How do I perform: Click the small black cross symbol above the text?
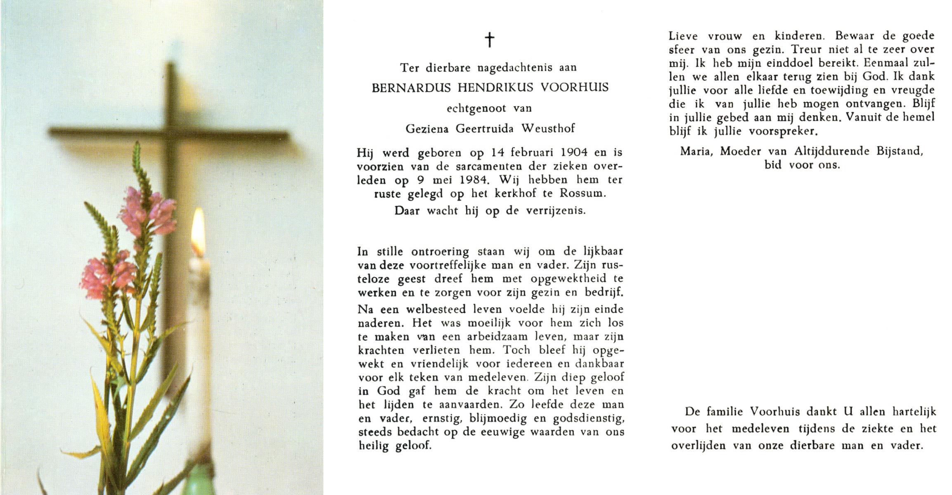tap(489, 40)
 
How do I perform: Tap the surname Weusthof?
tap(548, 129)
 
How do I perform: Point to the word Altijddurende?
tap(832, 151)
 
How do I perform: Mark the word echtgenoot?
tap(476, 108)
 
